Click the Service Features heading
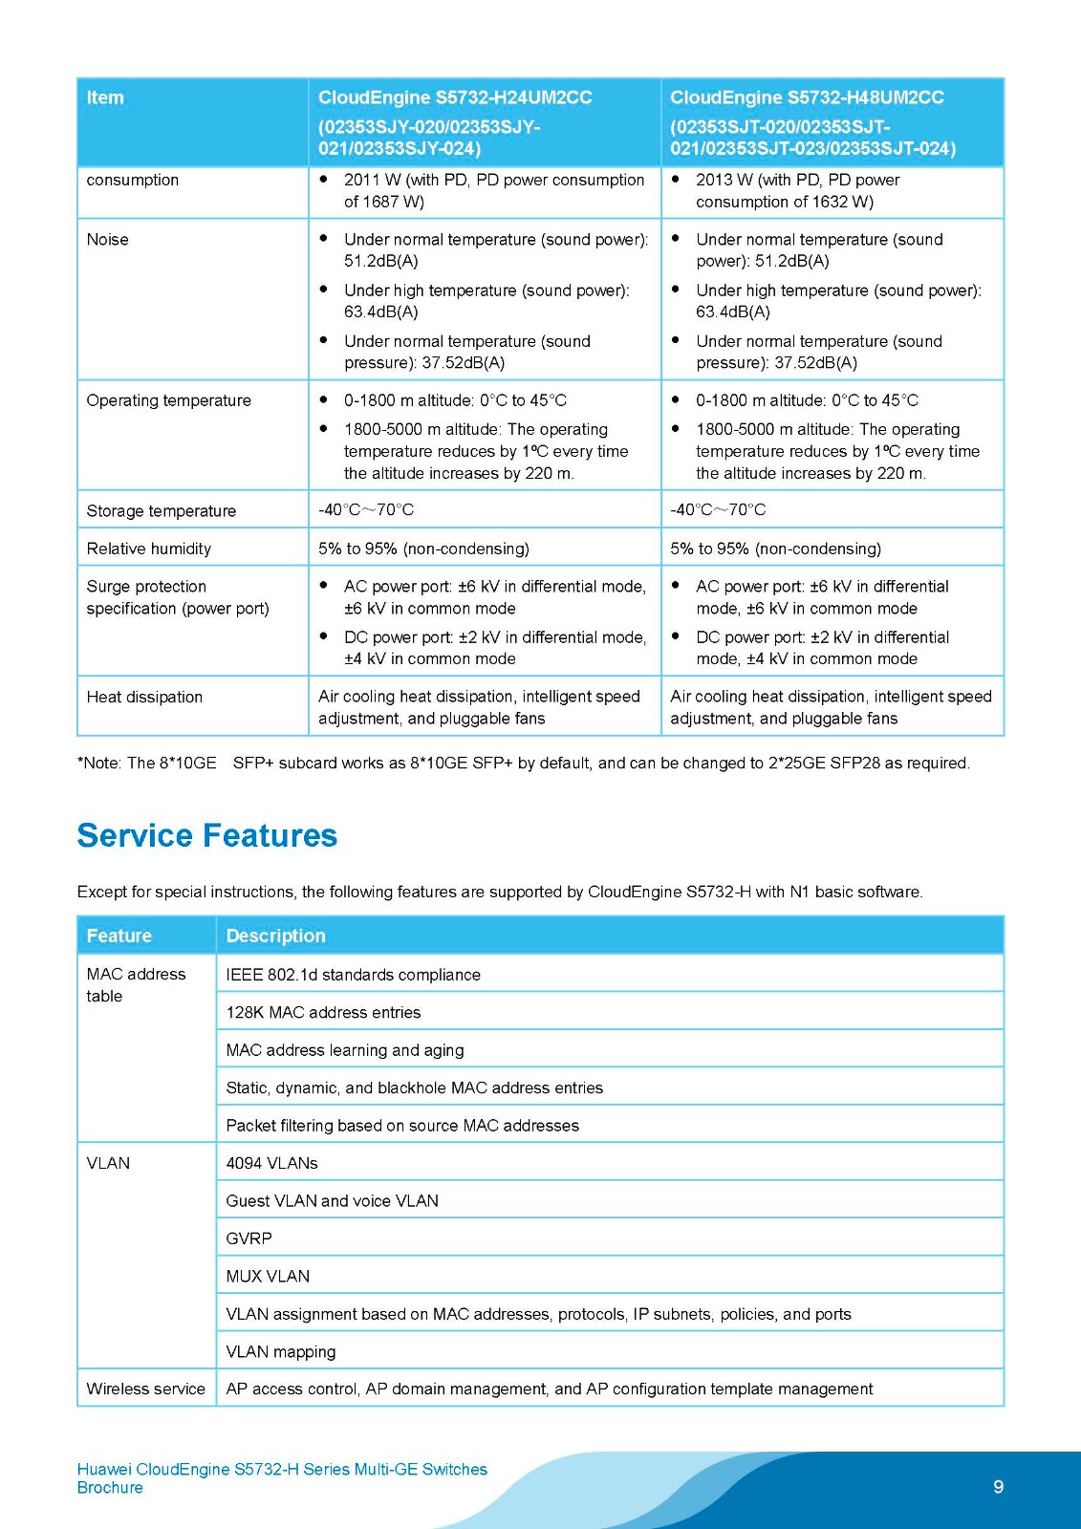point(206,835)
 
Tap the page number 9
point(998,1486)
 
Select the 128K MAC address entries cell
point(323,1012)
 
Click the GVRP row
point(249,1238)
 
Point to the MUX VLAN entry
point(268,1276)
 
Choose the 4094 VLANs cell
point(271,1163)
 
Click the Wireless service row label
point(145,1389)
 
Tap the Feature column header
point(119,936)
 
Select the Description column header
point(275,936)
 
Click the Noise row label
point(107,240)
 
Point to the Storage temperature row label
point(161,510)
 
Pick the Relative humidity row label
point(148,549)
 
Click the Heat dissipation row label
point(144,697)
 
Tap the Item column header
point(105,97)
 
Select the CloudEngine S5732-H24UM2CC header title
point(455,97)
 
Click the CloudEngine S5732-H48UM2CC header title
point(807,97)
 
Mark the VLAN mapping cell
point(281,1351)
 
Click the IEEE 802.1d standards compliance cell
point(353,975)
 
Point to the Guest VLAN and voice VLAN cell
point(332,1200)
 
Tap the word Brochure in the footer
point(110,1488)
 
